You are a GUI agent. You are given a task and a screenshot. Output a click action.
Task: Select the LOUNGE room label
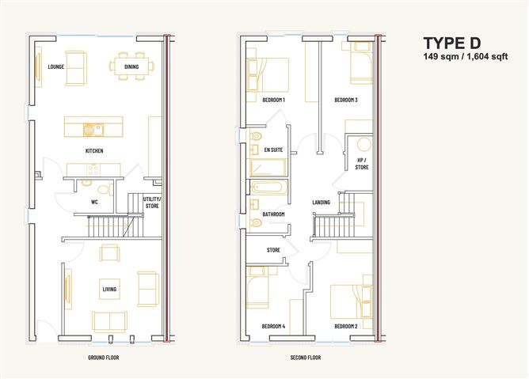[x=55, y=66]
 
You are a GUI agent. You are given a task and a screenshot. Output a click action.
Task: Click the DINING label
[x=131, y=66]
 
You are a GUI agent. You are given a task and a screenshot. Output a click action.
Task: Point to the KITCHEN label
[x=95, y=150]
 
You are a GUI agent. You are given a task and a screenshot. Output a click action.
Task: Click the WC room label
[x=93, y=202]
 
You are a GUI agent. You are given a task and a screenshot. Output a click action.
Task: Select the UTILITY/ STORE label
[x=152, y=203]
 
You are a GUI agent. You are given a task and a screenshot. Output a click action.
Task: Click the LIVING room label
[x=109, y=290]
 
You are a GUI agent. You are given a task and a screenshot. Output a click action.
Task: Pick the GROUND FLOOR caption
[x=104, y=358]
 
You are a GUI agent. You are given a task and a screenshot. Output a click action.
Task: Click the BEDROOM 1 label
[x=273, y=100]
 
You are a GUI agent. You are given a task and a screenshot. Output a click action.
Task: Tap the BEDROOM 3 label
[x=346, y=100]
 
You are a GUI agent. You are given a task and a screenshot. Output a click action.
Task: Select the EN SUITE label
[x=274, y=150]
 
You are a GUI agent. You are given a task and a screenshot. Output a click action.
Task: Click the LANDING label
[x=321, y=203]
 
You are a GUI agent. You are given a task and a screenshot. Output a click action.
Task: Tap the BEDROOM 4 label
[x=273, y=326]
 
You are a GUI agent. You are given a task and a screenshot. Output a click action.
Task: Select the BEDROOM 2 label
[x=346, y=326]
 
